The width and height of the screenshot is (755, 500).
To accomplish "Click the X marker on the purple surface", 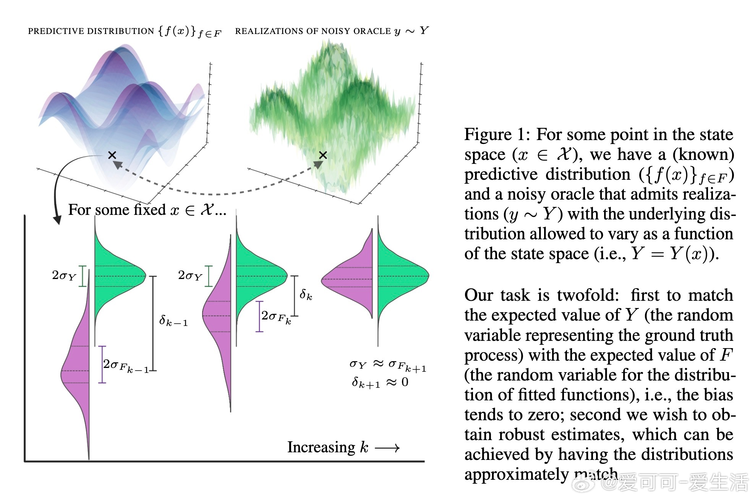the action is pyautogui.click(x=112, y=155).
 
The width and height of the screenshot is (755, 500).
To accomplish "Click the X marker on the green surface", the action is pyautogui.click(x=323, y=155).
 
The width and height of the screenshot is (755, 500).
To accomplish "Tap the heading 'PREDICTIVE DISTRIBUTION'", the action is pyautogui.click(x=91, y=31).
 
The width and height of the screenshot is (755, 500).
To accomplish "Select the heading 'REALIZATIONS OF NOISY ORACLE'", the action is pyautogui.click(x=313, y=31).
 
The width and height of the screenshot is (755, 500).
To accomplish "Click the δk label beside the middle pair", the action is pyautogui.click(x=306, y=294).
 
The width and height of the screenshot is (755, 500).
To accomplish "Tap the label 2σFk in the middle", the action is pyautogui.click(x=276, y=317).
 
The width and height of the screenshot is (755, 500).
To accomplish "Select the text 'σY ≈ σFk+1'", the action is pyautogui.click(x=388, y=366).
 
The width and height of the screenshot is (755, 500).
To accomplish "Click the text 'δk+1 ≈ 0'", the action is pyautogui.click(x=380, y=382).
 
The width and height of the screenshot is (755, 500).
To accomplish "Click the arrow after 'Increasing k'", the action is pyautogui.click(x=387, y=448).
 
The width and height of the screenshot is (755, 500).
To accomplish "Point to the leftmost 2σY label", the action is pyautogui.click(x=64, y=276).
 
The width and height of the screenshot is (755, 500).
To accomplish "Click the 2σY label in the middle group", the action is pyautogui.click(x=190, y=276).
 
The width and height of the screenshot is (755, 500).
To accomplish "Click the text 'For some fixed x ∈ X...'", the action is pyautogui.click(x=147, y=210).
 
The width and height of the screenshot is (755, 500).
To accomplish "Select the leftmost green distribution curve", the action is pyautogui.click(x=120, y=276).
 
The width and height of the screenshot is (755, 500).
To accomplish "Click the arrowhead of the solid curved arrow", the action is pyautogui.click(x=57, y=220).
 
